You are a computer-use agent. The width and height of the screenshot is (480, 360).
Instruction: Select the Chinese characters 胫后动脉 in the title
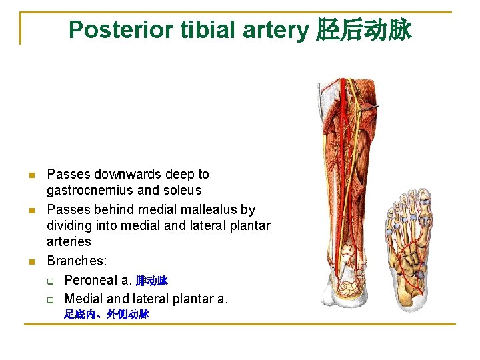point(363,30)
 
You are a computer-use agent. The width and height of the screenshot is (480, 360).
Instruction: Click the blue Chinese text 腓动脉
point(152,281)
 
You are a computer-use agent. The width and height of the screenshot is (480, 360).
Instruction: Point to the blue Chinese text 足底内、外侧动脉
point(107,314)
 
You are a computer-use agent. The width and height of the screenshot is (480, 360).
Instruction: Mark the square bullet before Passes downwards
point(31,176)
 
